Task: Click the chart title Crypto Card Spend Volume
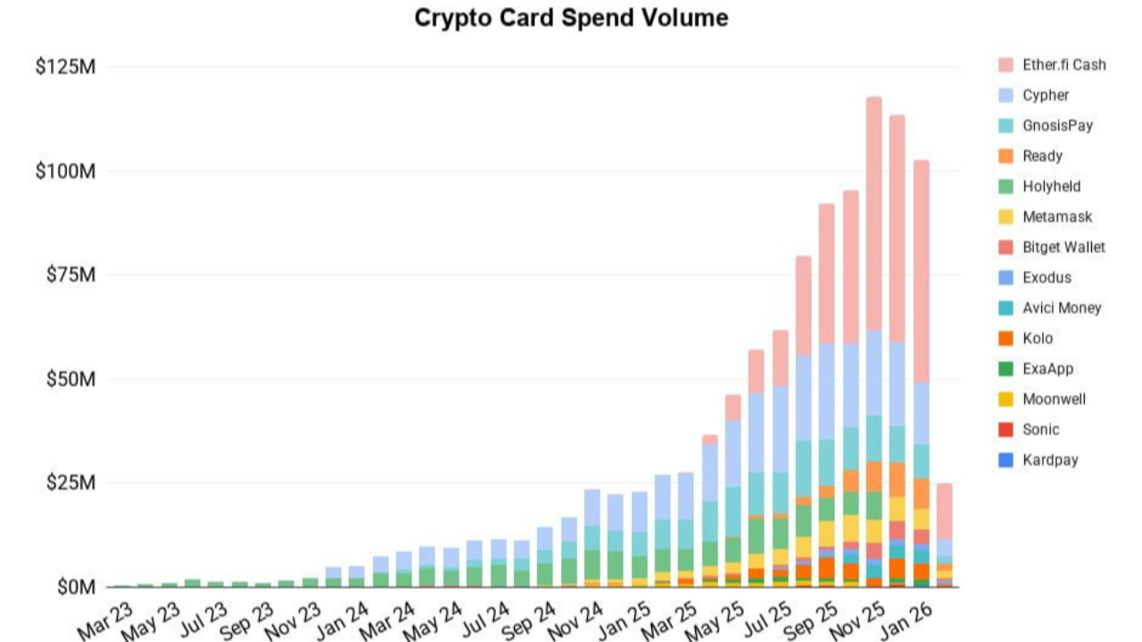(571, 18)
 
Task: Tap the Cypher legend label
(1046, 95)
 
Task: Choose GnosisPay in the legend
(1057, 126)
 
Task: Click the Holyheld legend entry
(1051, 186)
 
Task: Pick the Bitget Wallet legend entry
(1062, 247)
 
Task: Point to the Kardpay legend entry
(1050, 460)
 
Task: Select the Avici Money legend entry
(1062, 308)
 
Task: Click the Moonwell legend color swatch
(1005, 399)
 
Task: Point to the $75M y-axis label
(70, 275)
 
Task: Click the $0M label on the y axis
(75, 588)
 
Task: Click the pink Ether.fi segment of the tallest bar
(873, 214)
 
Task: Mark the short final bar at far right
(944, 535)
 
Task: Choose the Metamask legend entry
(1056, 217)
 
